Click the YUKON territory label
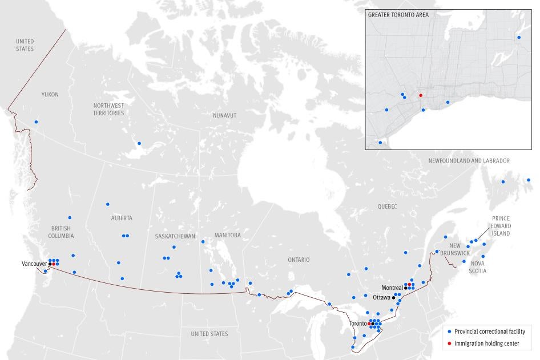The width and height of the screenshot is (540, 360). pos(50,95)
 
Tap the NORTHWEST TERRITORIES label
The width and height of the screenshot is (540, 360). pos(108,109)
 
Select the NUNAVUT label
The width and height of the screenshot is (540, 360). pos(224,115)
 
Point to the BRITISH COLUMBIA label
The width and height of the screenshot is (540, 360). pos(61,232)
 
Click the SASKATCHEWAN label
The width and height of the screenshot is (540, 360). pos(175,236)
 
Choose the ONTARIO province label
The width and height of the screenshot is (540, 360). pos(299,260)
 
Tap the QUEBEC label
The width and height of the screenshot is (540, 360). pos(386,207)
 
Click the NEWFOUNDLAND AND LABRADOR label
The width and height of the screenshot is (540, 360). pos(469,161)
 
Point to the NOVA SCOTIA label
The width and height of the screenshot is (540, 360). pos(478,267)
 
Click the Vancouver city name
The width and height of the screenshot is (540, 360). pos(34,264)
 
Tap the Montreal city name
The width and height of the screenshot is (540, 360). pos(392,288)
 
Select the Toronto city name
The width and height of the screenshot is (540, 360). pos(358,323)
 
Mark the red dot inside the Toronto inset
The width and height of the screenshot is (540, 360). pos(420,95)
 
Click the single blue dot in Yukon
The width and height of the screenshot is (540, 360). pos(36,122)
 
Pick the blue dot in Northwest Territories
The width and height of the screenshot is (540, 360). pos(139,143)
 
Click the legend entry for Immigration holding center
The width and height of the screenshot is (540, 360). pos(486,342)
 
